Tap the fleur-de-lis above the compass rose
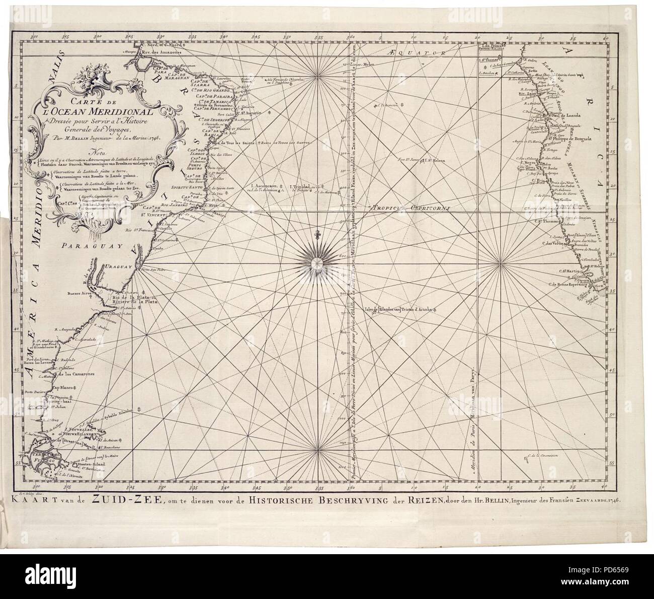317,235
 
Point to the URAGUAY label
117,269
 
